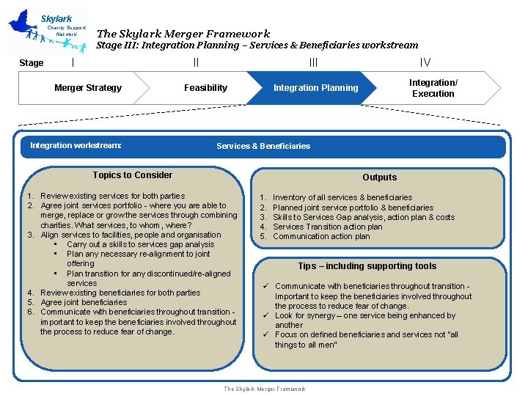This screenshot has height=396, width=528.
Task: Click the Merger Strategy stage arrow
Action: click(x=88, y=88)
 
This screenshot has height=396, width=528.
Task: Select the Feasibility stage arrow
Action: click(x=205, y=88)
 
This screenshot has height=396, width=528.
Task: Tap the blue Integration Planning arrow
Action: click(x=315, y=88)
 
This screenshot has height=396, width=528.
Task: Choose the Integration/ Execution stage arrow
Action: click(x=433, y=88)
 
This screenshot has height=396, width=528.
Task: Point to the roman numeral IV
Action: click(x=425, y=63)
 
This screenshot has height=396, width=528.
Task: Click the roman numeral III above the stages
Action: click(x=313, y=63)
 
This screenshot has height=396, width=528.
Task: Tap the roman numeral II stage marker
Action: click(x=196, y=63)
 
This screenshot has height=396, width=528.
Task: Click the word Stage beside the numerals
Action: click(x=31, y=63)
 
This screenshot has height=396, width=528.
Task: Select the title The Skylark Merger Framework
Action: click(x=183, y=33)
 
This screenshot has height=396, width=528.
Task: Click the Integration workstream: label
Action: click(x=76, y=145)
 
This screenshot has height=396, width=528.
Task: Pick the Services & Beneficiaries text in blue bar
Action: click(x=263, y=146)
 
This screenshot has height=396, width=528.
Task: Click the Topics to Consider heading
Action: click(x=133, y=175)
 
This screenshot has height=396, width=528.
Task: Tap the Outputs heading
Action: click(x=379, y=177)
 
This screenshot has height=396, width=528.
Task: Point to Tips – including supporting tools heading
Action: click(x=367, y=266)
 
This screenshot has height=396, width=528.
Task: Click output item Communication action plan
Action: click(x=321, y=236)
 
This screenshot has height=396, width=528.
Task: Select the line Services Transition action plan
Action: click(x=327, y=227)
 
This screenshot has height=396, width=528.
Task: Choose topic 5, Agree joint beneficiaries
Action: click(x=84, y=302)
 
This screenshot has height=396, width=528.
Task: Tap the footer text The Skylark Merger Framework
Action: click(x=264, y=389)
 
